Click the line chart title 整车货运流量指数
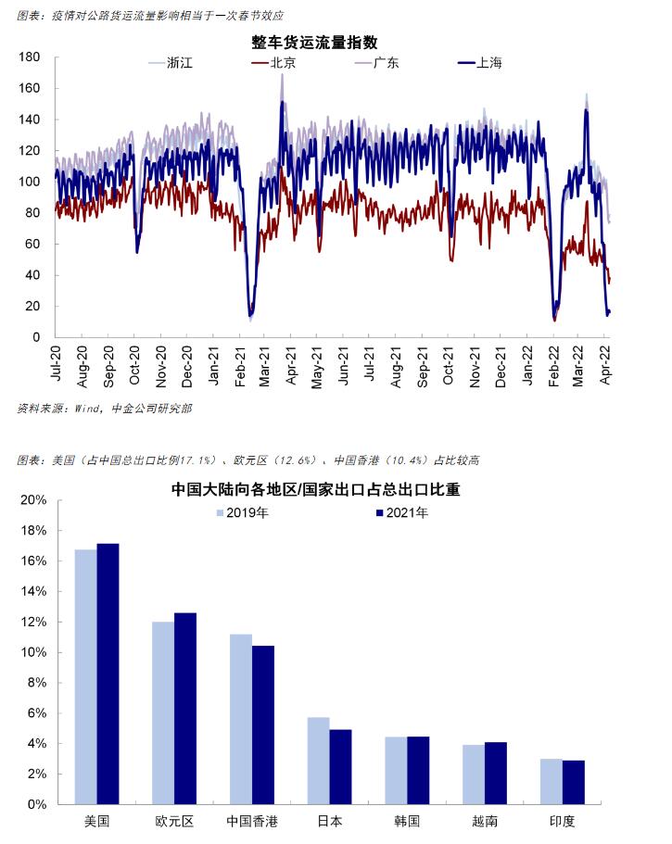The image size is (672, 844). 314,42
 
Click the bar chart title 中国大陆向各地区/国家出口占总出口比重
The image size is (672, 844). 315,489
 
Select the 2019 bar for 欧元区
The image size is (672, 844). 163,712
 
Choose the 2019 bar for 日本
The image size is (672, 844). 318,761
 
